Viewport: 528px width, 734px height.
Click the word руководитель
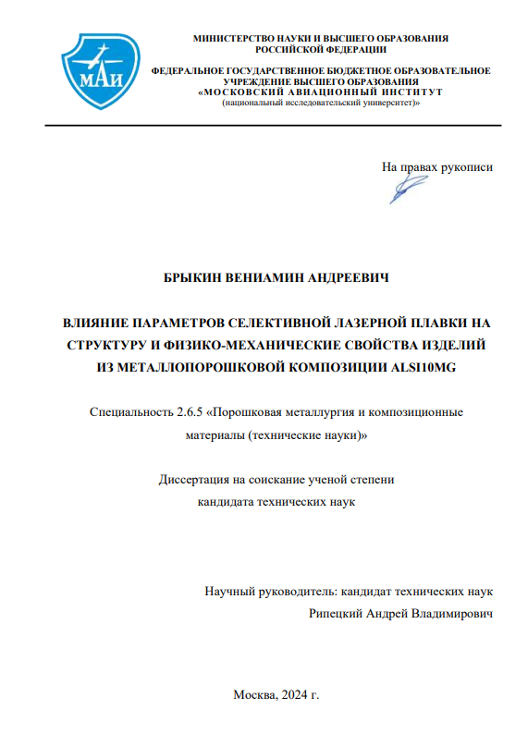[x=294, y=591]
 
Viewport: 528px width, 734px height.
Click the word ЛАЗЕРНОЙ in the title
[x=371, y=324]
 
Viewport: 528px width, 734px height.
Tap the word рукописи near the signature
[x=468, y=167]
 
